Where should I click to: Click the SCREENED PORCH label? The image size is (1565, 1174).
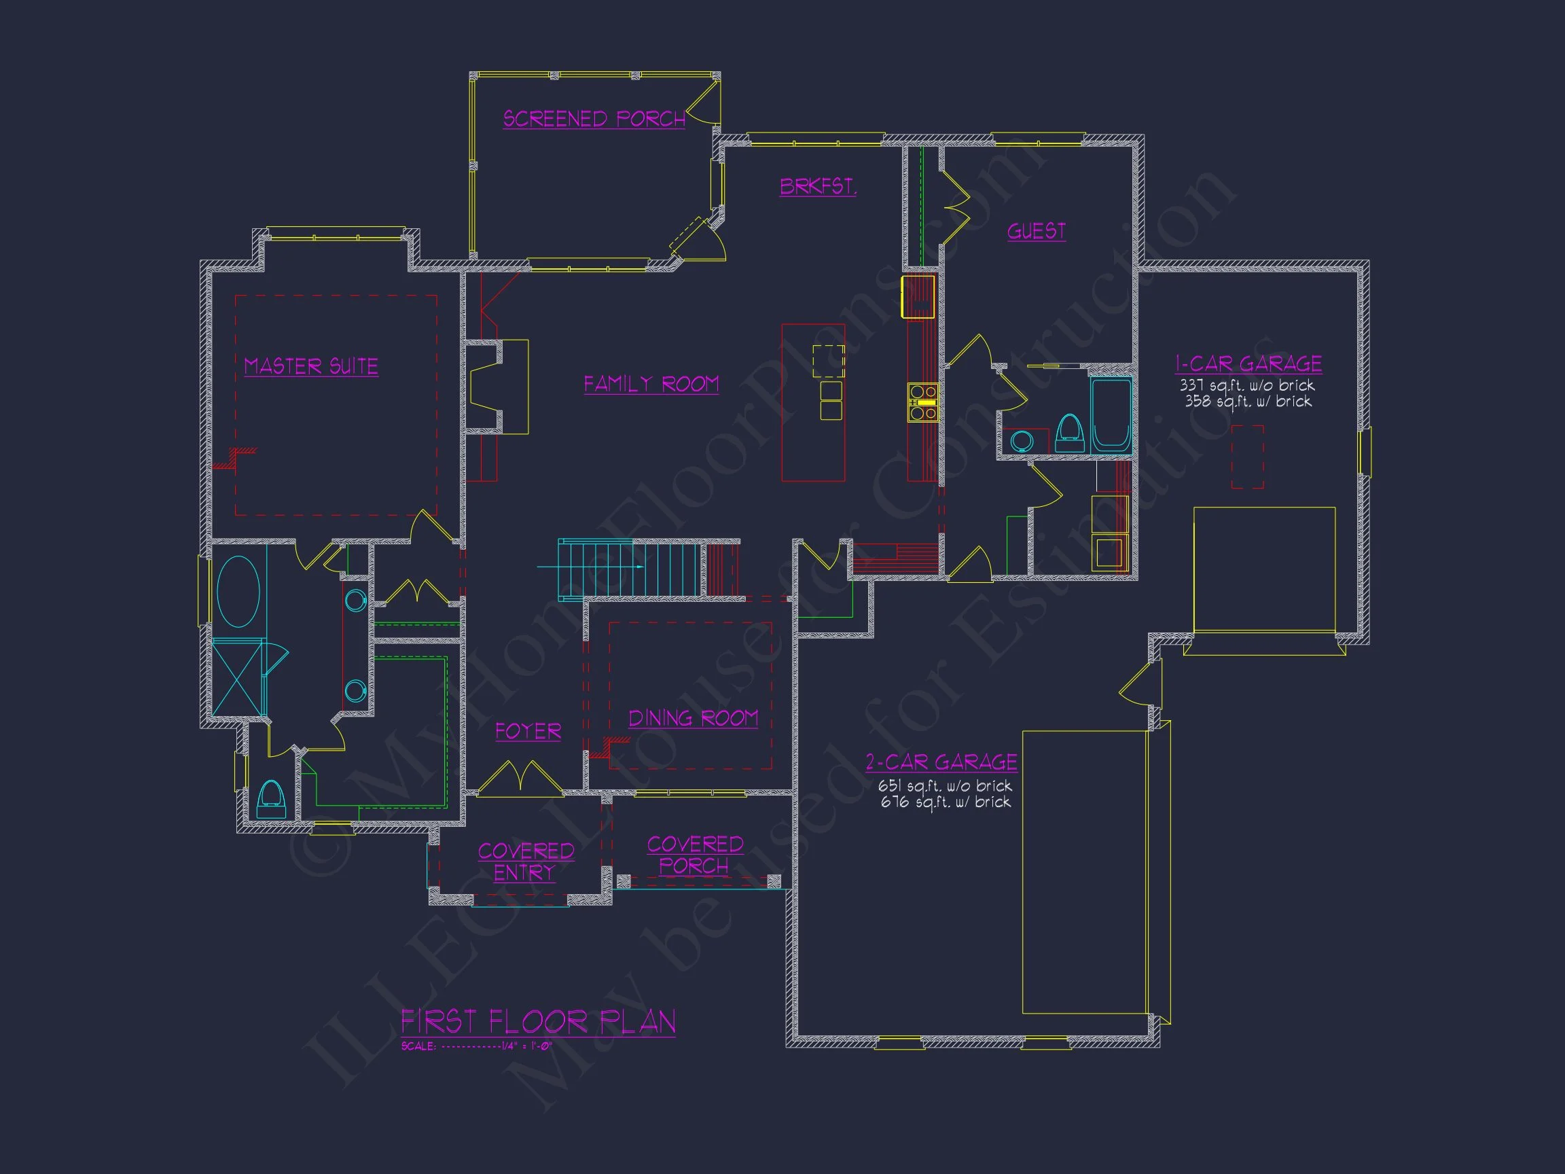pyautogui.click(x=594, y=118)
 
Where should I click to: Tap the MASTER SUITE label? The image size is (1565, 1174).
pyautogui.click(x=310, y=366)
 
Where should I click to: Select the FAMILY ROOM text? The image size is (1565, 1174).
pyautogui.click(x=651, y=384)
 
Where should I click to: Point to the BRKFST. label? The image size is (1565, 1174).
pyautogui.click(x=818, y=186)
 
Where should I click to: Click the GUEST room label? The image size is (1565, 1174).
pyautogui.click(x=1037, y=231)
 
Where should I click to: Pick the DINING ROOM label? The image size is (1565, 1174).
pyautogui.click(x=693, y=718)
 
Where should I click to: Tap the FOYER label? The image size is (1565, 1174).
pyautogui.click(x=528, y=731)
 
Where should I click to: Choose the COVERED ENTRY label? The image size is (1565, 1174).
pyautogui.click(x=526, y=861)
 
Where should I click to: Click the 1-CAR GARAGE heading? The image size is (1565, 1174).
pyautogui.click(x=1248, y=363)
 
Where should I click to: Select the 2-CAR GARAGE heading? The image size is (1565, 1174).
pyautogui.click(x=941, y=762)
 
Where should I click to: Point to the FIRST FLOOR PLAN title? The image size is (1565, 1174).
pyautogui.click(x=538, y=1021)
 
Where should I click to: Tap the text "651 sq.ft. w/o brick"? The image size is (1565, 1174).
pyautogui.click(x=945, y=786)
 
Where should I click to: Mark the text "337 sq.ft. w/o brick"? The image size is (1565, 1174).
pyautogui.click(x=1246, y=386)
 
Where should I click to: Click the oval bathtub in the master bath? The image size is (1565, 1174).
pyautogui.click(x=238, y=592)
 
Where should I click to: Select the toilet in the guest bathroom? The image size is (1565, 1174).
pyautogui.click(x=1069, y=432)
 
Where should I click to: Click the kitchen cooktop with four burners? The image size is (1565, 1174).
pyautogui.click(x=922, y=402)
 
